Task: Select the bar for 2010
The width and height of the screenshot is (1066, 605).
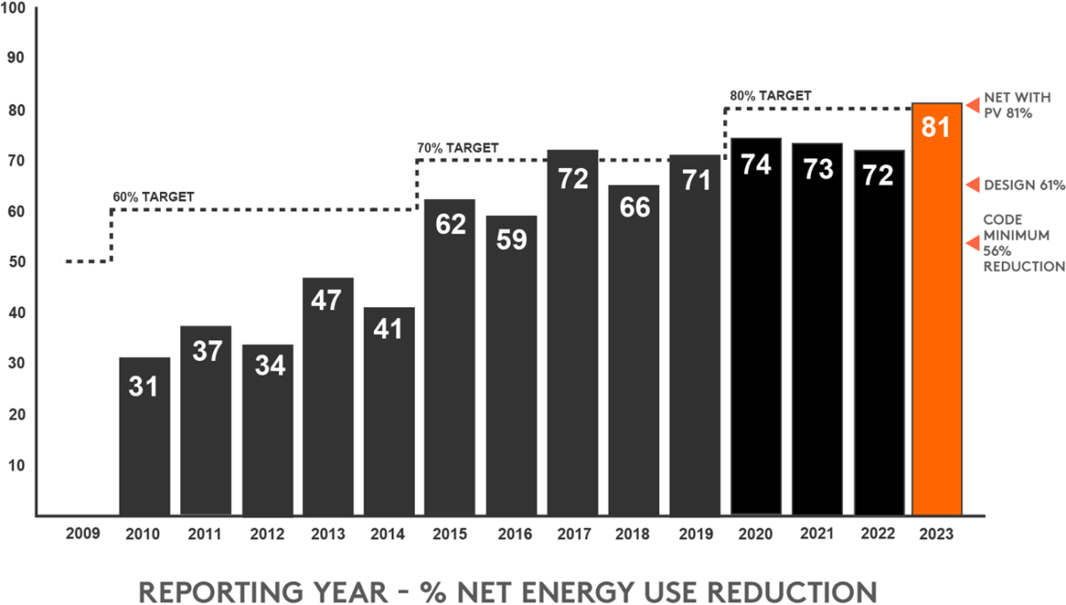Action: pos(145,435)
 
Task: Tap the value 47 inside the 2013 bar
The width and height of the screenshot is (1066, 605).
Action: pos(328,300)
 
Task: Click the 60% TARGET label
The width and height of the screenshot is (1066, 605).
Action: pos(153,196)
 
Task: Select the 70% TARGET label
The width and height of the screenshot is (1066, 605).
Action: pos(457,147)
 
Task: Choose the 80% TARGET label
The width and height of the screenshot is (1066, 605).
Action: pos(770,95)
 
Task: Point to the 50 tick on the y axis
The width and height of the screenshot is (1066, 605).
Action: pos(19,262)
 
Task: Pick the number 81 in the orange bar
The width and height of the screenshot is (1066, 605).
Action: pos(936,127)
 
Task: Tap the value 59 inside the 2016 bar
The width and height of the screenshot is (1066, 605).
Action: pos(511,241)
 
